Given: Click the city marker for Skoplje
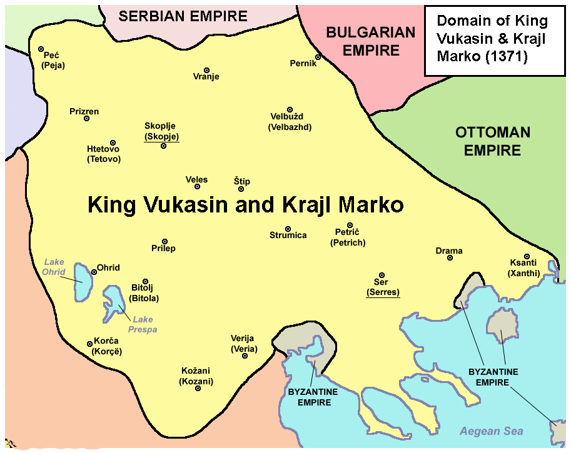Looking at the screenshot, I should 163,146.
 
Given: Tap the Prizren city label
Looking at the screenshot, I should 84,112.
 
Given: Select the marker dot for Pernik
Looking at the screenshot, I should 318,57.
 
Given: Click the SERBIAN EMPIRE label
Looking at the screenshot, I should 183,16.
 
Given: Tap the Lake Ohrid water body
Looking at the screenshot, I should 82,282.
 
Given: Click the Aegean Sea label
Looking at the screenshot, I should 491,431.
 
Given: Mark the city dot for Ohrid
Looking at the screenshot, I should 94,272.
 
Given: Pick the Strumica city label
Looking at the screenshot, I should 288,236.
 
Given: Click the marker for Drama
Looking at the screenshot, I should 450,258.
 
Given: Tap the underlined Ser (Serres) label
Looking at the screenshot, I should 383,287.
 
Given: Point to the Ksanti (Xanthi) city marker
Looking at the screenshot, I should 527,257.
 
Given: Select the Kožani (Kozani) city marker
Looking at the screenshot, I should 198,389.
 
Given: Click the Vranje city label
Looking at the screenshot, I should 206,77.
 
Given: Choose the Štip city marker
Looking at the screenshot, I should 241,189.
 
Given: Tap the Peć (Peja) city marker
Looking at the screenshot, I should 41,49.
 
